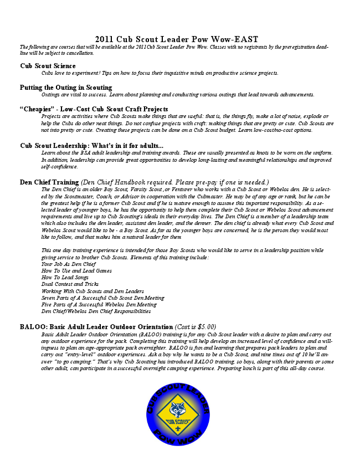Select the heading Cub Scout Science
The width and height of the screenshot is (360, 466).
(x=48, y=66)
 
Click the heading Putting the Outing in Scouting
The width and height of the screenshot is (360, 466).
(x=66, y=88)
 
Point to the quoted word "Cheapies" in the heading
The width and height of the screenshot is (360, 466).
(x=38, y=109)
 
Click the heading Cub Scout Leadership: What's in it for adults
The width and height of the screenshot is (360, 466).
(x=91, y=145)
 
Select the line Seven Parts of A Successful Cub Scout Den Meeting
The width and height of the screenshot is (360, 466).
(x=104, y=298)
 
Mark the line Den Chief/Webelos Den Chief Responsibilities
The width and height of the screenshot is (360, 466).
(x=96, y=311)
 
